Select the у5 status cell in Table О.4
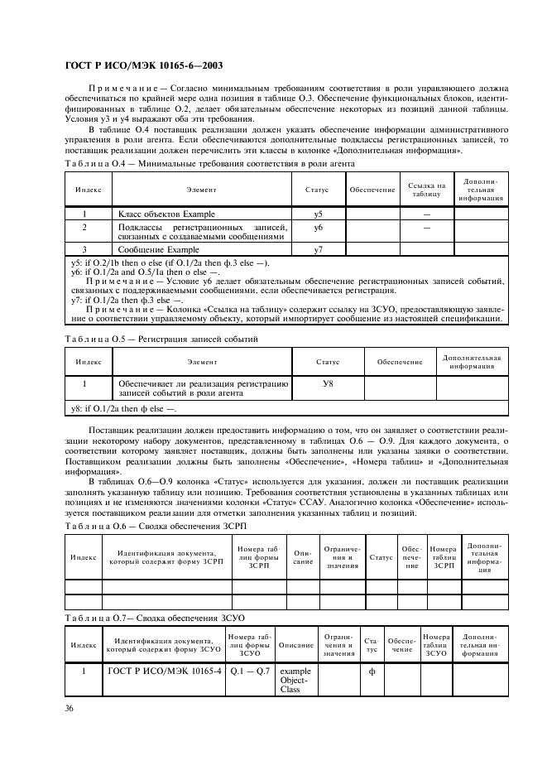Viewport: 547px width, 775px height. coord(319,214)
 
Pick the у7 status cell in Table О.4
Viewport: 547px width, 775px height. coord(319,249)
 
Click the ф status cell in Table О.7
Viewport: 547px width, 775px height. coord(372,672)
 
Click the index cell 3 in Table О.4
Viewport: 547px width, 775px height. coord(84,249)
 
